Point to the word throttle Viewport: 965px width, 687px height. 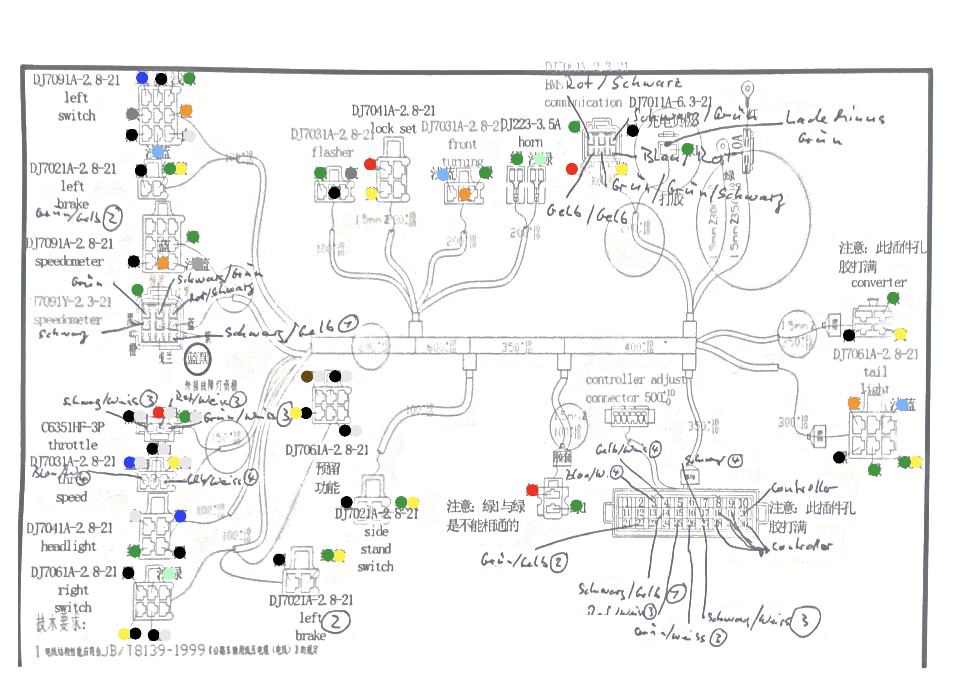tap(73, 445)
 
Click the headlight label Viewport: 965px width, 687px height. tap(68, 546)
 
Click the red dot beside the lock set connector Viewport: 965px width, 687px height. tap(370, 164)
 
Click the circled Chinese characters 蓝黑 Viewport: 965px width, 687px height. tap(197, 359)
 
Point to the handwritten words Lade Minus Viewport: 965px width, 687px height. tap(835, 118)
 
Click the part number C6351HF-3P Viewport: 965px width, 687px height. tap(73, 427)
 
